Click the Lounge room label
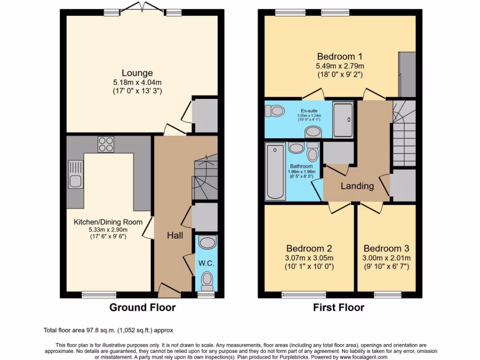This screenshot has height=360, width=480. click(x=137, y=73)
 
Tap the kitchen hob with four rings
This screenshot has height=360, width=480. click(x=106, y=144)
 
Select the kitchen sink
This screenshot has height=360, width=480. click(x=75, y=174)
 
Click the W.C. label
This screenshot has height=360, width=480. click(x=206, y=263)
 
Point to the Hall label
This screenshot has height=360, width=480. click(x=175, y=236)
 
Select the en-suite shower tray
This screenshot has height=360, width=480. click(x=345, y=120)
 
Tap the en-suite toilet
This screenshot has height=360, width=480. click(x=275, y=111)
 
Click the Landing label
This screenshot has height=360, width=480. click(x=357, y=186)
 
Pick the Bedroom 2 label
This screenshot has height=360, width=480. click(x=309, y=248)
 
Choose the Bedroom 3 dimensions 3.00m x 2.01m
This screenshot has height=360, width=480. click(x=387, y=258)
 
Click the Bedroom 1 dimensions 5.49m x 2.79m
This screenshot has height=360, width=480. click(x=340, y=66)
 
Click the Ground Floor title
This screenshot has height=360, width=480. click(x=142, y=308)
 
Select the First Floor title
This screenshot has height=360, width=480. click(x=338, y=308)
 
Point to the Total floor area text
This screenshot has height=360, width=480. click(x=108, y=330)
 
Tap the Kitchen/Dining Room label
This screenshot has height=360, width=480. click(x=108, y=222)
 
